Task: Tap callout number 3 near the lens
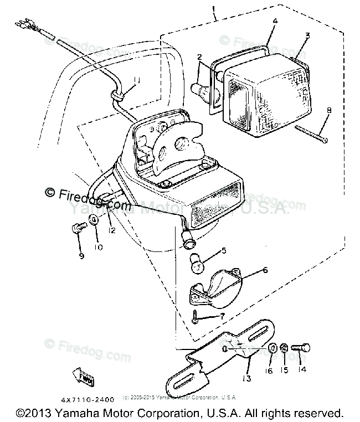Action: (x=308, y=35)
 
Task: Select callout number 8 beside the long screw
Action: (x=329, y=111)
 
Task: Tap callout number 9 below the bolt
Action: (x=81, y=256)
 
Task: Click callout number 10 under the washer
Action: (x=98, y=248)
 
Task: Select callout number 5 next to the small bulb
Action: (x=224, y=250)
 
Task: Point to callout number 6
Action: (x=265, y=271)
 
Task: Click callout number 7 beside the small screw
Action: (x=222, y=316)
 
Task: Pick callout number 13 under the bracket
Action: (x=246, y=379)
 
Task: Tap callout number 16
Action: (x=269, y=371)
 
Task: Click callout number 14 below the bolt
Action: (x=301, y=370)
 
